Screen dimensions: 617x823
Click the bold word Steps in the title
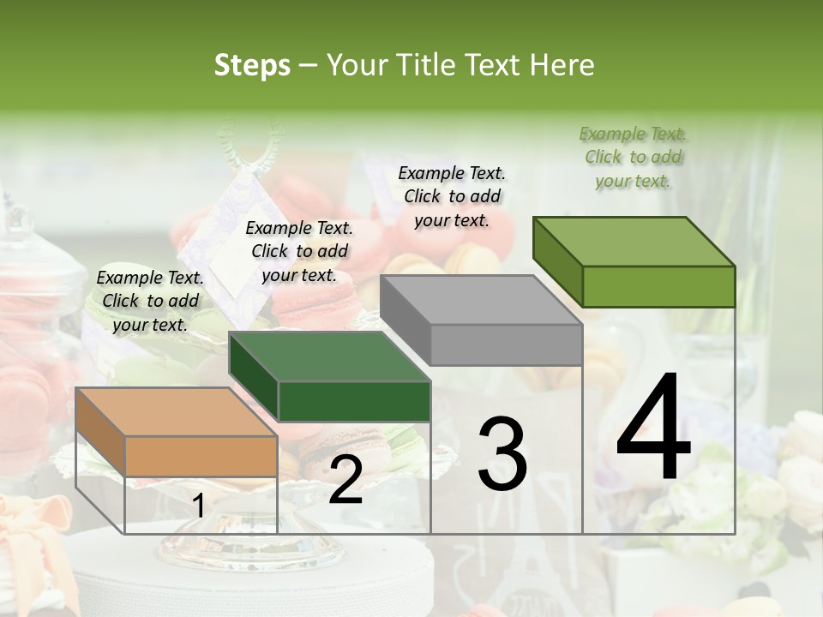[252, 65]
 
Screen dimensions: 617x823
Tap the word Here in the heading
[561, 65]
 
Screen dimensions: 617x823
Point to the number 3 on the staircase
[502, 454]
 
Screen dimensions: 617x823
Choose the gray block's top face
[481, 300]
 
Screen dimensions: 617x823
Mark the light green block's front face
[658, 286]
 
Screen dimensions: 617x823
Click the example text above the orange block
[150, 301]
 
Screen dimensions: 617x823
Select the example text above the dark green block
[299, 251]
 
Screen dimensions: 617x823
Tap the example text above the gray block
[452, 196]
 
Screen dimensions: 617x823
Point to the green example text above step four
[634, 157]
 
